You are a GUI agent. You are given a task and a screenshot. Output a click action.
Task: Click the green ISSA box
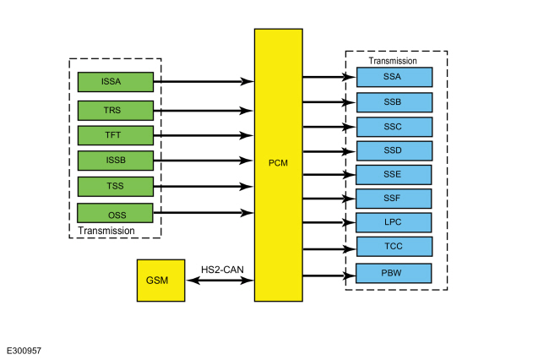[x=116, y=82]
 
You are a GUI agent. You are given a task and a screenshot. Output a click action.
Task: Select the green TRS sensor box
[x=116, y=111]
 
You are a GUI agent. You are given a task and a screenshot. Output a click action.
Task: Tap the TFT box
[x=116, y=135]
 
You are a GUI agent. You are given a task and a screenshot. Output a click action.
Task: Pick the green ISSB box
[x=116, y=161]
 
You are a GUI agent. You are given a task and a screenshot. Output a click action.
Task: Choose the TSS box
[x=116, y=186]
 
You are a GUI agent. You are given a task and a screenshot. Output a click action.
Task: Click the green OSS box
[x=115, y=213]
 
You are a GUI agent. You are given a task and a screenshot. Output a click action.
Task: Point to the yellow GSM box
[x=161, y=281]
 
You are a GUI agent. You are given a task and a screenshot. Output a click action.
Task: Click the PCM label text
[x=278, y=163]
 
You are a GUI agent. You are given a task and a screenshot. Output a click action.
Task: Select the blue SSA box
[x=394, y=77]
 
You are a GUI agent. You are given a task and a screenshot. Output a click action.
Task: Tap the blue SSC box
[x=394, y=127]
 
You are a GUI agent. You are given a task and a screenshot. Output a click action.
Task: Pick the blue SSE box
[x=394, y=175]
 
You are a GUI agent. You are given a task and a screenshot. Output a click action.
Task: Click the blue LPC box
[x=394, y=222]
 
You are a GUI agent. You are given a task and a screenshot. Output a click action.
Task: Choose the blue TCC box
[x=394, y=247]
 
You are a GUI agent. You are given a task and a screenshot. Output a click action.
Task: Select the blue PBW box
[x=394, y=273]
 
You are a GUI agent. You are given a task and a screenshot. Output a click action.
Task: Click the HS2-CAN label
[x=222, y=270]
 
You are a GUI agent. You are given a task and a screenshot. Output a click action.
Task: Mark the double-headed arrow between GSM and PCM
[x=220, y=281]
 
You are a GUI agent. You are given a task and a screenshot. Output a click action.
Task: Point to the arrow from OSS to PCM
[x=204, y=213]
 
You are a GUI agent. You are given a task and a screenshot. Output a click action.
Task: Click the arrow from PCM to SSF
[x=329, y=199]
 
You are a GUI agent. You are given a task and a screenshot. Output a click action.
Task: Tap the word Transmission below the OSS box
[x=106, y=231]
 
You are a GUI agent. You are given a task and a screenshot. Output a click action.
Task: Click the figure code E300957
[x=24, y=351]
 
